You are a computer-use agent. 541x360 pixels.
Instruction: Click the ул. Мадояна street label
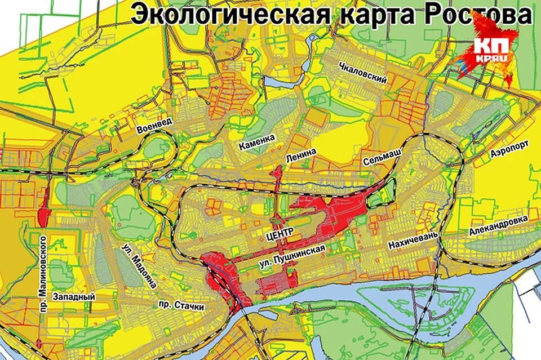point(139,266)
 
